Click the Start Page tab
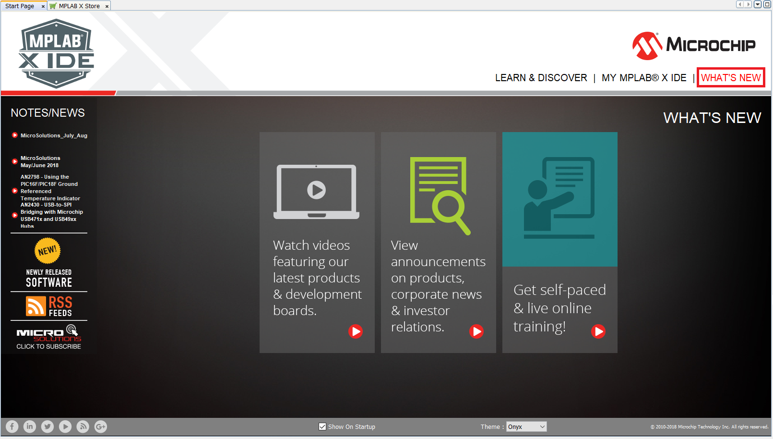coord(20,6)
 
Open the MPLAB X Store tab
coord(79,6)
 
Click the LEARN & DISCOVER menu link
coord(541,78)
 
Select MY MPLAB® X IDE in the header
coord(644,78)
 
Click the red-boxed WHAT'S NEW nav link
coord(731,77)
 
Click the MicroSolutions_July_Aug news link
coord(54,135)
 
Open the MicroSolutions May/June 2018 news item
coord(40,162)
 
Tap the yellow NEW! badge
coord(48,250)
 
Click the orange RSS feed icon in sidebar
coord(36,305)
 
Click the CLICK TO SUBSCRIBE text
coord(48,346)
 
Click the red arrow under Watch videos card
coord(356,331)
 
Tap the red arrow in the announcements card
coord(476,331)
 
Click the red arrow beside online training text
coord(598,331)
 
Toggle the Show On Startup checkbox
coord(322,427)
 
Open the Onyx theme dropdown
coord(526,427)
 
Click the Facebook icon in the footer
coord(12,427)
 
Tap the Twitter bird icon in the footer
coord(48,427)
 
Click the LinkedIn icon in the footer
coord(30,427)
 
